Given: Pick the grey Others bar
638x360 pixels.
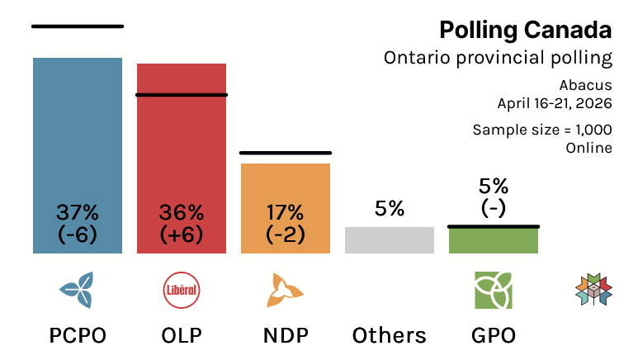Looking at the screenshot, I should tap(390, 240).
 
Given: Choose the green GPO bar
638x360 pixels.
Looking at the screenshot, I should tap(494, 240).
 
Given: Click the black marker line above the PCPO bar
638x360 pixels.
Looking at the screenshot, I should tap(78, 26).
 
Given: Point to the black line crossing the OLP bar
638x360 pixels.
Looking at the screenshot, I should tap(182, 95).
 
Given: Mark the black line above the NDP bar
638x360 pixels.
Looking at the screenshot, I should tap(286, 153).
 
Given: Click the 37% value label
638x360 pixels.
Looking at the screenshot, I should tap(78, 212).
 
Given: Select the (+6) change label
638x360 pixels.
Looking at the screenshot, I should tap(182, 234).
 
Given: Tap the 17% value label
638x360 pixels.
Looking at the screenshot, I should tap(286, 212).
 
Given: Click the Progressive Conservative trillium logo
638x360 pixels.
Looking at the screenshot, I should tap(78, 289).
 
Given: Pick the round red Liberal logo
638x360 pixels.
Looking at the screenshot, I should tap(182, 289).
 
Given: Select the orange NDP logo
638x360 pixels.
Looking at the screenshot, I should tap(286, 289).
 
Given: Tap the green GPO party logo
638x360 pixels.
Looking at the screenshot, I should tap(494, 289).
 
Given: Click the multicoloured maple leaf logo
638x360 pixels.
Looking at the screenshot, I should tap(593, 289).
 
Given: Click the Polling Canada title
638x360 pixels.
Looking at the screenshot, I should tap(525, 31).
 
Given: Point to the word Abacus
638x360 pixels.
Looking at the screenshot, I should tap(585, 85).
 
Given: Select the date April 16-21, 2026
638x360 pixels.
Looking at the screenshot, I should tap(554, 103).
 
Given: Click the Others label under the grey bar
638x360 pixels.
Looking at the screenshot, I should tap(390, 335).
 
